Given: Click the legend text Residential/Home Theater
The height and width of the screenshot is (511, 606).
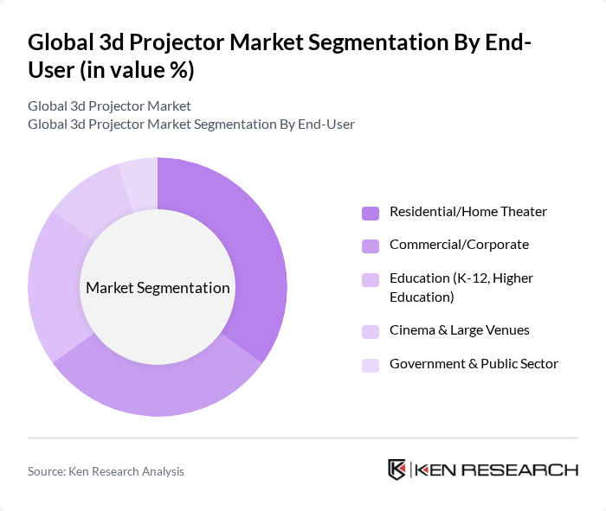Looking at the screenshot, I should click(467, 212).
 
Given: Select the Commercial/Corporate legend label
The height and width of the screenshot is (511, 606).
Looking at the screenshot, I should click(459, 245).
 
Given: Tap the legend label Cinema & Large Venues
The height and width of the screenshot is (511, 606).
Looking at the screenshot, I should click(459, 330).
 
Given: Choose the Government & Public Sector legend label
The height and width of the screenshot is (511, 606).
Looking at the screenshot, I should click(474, 364).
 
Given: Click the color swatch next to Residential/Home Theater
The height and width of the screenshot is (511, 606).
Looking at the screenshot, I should click(370, 213).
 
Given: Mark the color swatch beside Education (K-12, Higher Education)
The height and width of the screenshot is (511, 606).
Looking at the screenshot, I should click(370, 279).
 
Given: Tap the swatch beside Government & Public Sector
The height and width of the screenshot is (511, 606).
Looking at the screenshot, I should click(370, 365).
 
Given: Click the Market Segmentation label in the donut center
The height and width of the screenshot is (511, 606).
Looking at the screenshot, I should click(158, 288).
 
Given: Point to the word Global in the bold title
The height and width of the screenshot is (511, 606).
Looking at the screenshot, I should click(59, 42).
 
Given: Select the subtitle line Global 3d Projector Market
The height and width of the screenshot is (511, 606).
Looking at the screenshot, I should click(109, 106).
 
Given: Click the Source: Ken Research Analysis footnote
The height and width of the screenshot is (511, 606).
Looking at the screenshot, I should click(106, 471).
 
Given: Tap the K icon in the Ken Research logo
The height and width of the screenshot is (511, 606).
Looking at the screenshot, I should click(397, 469).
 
